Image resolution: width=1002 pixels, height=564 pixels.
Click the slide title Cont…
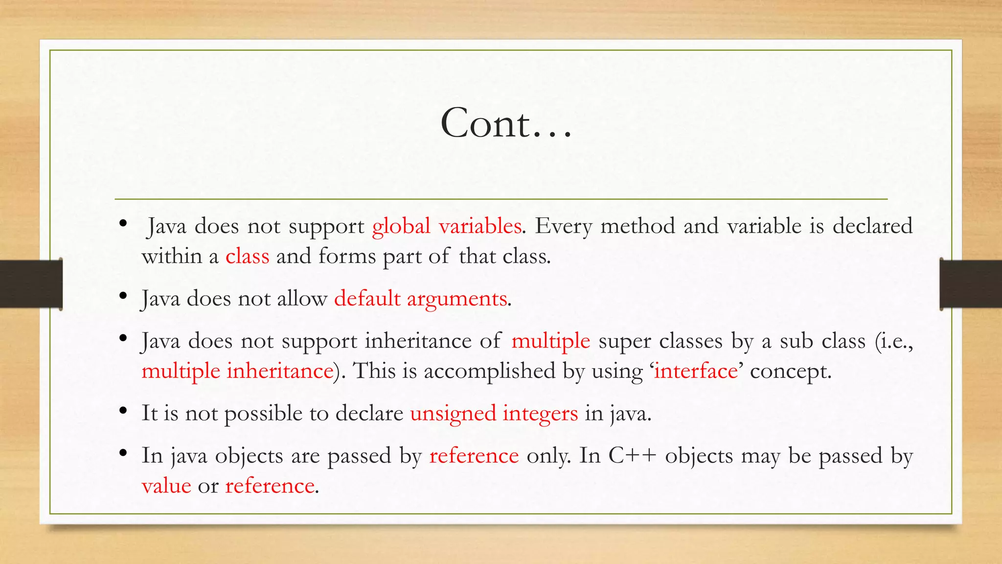click(506, 123)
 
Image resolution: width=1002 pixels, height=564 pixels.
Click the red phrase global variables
click(446, 226)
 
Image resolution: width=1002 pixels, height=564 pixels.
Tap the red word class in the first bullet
click(247, 256)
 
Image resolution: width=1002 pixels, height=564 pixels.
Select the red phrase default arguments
click(420, 299)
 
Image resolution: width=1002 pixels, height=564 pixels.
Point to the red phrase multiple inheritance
click(237, 371)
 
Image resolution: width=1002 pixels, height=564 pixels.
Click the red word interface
click(696, 371)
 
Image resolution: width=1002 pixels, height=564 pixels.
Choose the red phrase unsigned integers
click(494, 413)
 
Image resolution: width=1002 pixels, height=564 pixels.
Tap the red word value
click(166, 486)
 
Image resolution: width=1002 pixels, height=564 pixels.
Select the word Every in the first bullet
click(563, 226)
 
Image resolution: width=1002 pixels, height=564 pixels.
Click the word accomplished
click(489, 371)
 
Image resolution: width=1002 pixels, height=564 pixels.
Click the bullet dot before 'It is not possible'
click(123, 410)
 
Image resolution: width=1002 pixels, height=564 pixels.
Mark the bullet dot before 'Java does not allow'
click(123, 296)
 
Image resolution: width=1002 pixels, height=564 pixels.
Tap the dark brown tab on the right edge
click(971, 284)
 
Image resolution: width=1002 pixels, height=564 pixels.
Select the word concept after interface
click(790, 371)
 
